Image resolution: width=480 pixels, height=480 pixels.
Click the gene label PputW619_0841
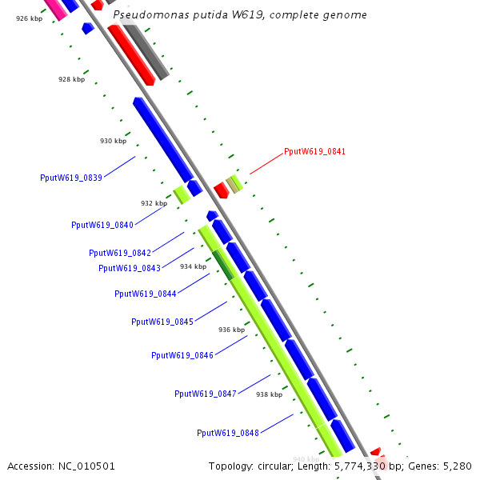pyautogui.click(x=314, y=151)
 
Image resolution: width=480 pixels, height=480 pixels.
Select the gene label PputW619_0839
pyautogui.click(x=71, y=178)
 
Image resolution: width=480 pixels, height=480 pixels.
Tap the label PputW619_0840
pyautogui.click(x=102, y=225)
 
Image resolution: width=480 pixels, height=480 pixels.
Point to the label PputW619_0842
pyautogui.click(x=120, y=253)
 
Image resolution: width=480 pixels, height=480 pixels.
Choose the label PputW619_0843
pyautogui.click(x=130, y=268)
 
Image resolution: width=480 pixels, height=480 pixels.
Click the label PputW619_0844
pyautogui.click(x=146, y=294)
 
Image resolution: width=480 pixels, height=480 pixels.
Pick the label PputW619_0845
pyautogui.click(x=162, y=322)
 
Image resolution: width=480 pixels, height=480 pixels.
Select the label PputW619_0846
pyautogui.click(x=182, y=355)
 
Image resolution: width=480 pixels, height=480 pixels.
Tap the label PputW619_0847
pyautogui.click(x=206, y=394)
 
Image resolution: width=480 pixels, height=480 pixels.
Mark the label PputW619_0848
pyautogui.click(x=228, y=433)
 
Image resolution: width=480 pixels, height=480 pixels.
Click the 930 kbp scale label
pyautogui.click(x=113, y=141)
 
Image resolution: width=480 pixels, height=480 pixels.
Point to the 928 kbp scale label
pyautogui.click(x=71, y=79)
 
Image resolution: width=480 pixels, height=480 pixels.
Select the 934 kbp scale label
pyautogui.click(x=193, y=266)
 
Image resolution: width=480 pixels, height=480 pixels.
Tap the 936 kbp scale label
pyautogui.click(x=231, y=330)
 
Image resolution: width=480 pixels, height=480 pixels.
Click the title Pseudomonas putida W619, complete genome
pyautogui.click(x=240, y=14)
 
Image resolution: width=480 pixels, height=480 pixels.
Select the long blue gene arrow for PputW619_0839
pyautogui.click(x=163, y=140)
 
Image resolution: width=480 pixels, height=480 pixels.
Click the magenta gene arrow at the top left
pyautogui.click(x=55, y=8)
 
